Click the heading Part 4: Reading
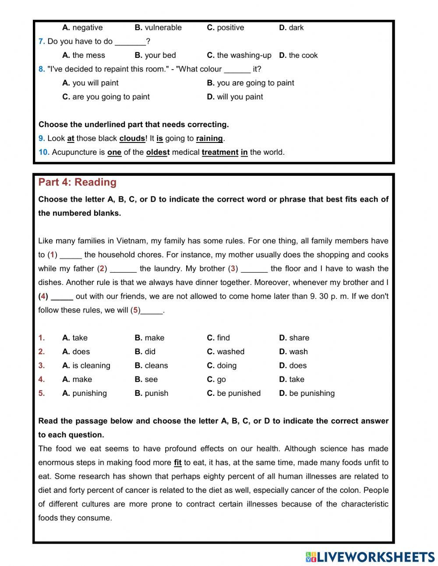coord(78,182)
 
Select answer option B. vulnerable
coord(158,28)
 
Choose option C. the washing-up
coord(239,55)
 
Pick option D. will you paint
coord(235,97)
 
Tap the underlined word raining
coord(209,139)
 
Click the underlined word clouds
coord(132,139)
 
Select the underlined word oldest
coord(158,153)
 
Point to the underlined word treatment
coord(220,153)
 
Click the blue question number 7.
coord(42,42)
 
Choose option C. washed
coord(226,352)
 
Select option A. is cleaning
coord(86,366)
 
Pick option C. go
coord(216,380)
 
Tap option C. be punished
coord(233,393)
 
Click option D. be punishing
coord(307,393)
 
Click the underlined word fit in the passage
coord(177,463)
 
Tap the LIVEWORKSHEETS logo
coord(370,557)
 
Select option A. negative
coord(82,28)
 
